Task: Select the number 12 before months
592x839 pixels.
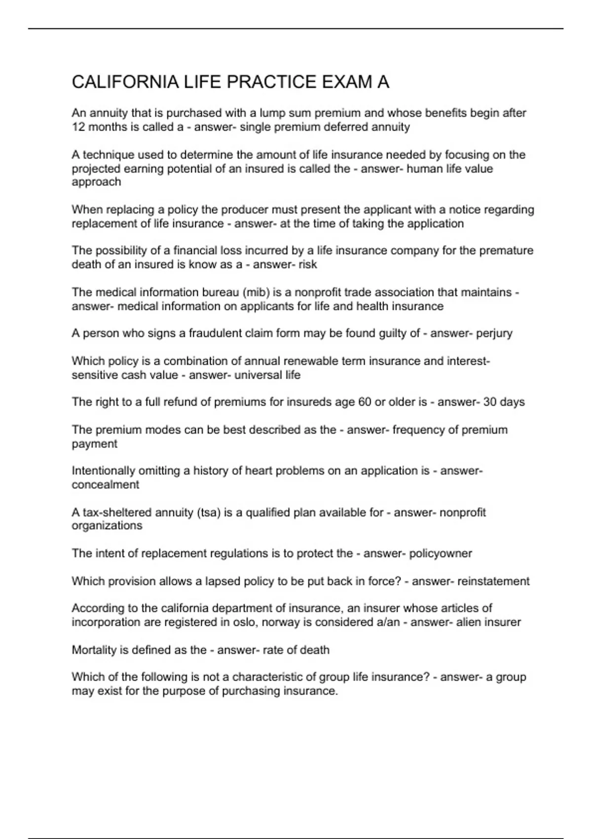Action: [78, 127]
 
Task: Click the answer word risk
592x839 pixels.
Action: [308, 265]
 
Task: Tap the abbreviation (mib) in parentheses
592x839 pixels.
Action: [256, 292]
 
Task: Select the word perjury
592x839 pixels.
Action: [494, 333]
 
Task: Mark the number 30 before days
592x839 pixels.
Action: [490, 402]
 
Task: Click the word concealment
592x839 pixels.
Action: [106, 485]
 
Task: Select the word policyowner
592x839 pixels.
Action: [441, 553]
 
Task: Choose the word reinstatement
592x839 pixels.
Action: [493, 581]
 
